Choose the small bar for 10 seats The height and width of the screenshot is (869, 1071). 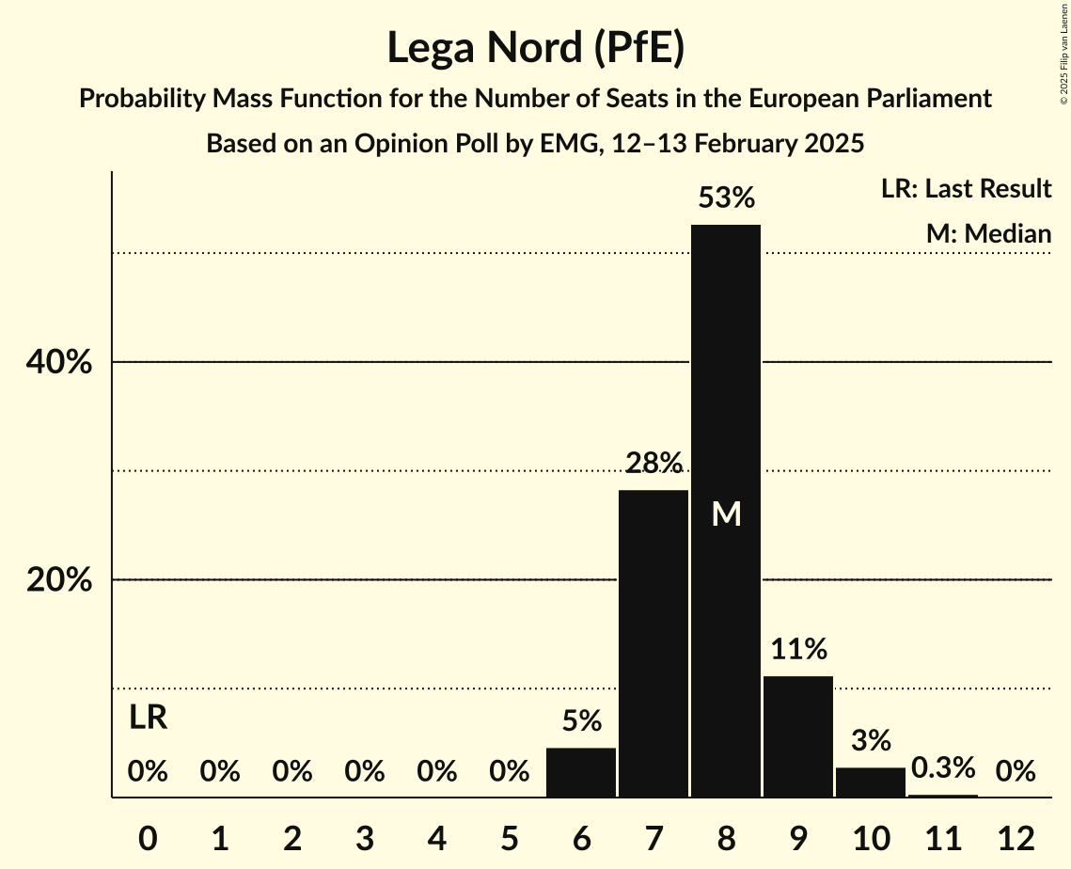click(x=871, y=782)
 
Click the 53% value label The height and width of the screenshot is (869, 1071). click(x=726, y=198)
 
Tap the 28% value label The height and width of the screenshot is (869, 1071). click(x=654, y=463)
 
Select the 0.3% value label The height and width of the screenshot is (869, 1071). click(x=942, y=768)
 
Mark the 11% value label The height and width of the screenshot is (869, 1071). click(x=798, y=649)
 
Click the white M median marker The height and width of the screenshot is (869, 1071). click(x=726, y=513)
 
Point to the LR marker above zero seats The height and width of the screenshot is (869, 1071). click(x=148, y=718)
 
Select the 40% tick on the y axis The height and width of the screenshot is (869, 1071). click(x=58, y=362)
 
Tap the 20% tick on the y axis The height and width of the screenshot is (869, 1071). click(x=58, y=580)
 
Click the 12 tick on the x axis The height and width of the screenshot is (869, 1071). click(x=1016, y=837)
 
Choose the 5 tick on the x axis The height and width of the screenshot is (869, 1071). click(x=509, y=837)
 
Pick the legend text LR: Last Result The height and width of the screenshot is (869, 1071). click(x=966, y=189)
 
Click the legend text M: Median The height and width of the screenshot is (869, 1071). click(x=988, y=233)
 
